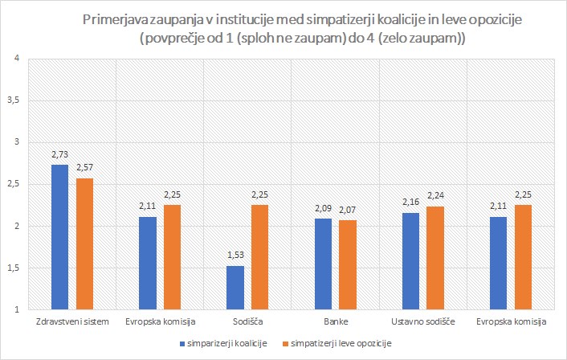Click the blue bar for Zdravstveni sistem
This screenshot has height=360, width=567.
[59, 237]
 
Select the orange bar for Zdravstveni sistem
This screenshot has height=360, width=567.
[84, 243]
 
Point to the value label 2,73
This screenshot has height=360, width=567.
[59, 153]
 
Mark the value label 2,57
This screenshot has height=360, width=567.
[84, 166]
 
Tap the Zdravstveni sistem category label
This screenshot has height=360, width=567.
[72, 322]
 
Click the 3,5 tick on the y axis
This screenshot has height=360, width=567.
[14, 100]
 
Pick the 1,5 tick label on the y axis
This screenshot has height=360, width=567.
[14, 268]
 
